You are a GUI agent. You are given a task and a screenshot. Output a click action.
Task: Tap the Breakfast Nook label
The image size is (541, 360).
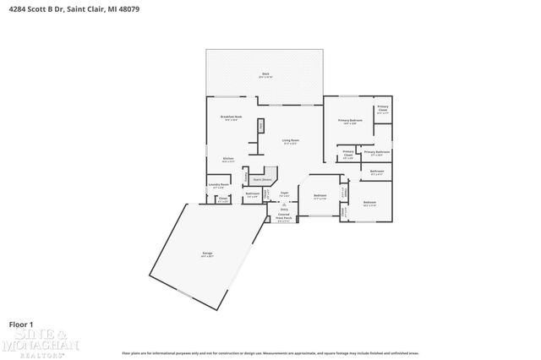pyautogui.click(x=232, y=117)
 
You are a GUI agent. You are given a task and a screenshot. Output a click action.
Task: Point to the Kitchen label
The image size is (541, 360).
pyautogui.click(x=227, y=159)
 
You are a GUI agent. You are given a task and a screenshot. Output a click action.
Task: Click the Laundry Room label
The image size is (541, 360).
pyautogui.click(x=219, y=185)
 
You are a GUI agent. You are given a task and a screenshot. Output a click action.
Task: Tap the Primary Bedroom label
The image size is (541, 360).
pyautogui.click(x=350, y=122)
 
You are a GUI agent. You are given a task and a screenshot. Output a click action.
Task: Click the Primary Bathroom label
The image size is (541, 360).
pyautogui.click(x=377, y=153)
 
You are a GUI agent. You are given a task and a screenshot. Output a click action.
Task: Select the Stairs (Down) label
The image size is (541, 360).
pyautogui.click(x=261, y=179)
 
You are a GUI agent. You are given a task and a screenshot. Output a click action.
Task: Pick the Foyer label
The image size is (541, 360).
pyautogui.click(x=285, y=194)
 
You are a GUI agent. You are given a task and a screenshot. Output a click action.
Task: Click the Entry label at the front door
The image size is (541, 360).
pyautogui.click(x=284, y=208)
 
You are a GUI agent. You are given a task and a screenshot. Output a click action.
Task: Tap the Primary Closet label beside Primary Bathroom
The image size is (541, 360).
pyautogui.click(x=348, y=155)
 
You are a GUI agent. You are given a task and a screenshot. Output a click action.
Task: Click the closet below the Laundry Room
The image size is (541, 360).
pyautogui.click(x=223, y=200)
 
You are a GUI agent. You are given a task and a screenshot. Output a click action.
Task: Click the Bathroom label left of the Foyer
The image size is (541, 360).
pyautogui.click(x=252, y=194)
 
